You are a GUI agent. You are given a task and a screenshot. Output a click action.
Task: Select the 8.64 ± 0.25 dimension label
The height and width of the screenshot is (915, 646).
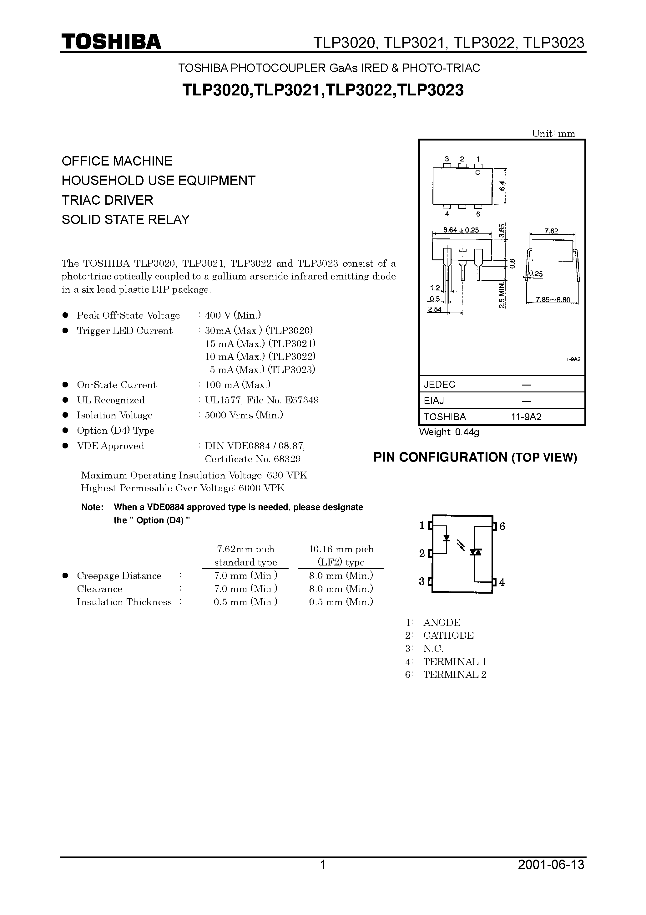pyautogui.click(x=461, y=230)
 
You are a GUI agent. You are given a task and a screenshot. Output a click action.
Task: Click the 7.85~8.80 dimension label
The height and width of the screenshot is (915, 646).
pyautogui.click(x=553, y=300)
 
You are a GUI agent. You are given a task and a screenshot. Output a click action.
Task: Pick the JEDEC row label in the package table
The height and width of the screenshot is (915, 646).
pyautogui.click(x=439, y=385)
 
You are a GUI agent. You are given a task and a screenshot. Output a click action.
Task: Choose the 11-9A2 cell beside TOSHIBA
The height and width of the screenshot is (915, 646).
pyautogui.click(x=527, y=417)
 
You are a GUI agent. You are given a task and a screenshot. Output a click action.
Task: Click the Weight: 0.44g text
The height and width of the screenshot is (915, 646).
pyautogui.click(x=449, y=432)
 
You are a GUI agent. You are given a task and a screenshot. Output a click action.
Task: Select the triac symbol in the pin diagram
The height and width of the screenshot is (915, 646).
pyautogui.click(x=475, y=552)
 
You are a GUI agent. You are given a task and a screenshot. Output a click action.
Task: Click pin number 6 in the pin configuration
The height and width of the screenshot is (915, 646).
pyautogui.click(x=502, y=526)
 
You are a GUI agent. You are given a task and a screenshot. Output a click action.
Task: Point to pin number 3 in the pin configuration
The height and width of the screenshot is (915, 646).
pyautogui.click(x=422, y=581)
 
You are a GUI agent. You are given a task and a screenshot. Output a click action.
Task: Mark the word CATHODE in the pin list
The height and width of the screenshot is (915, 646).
pyautogui.click(x=448, y=635)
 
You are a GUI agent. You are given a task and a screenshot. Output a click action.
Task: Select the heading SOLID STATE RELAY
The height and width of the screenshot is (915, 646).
pyautogui.click(x=125, y=220)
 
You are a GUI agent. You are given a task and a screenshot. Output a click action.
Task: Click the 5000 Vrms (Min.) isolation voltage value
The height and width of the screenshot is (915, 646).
pyautogui.click(x=244, y=415)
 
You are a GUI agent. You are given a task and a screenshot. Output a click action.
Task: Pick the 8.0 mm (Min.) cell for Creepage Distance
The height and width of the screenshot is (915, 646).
pyautogui.click(x=341, y=575)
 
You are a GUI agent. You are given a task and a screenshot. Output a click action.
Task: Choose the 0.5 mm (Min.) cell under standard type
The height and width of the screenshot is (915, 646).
pyautogui.click(x=245, y=602)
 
